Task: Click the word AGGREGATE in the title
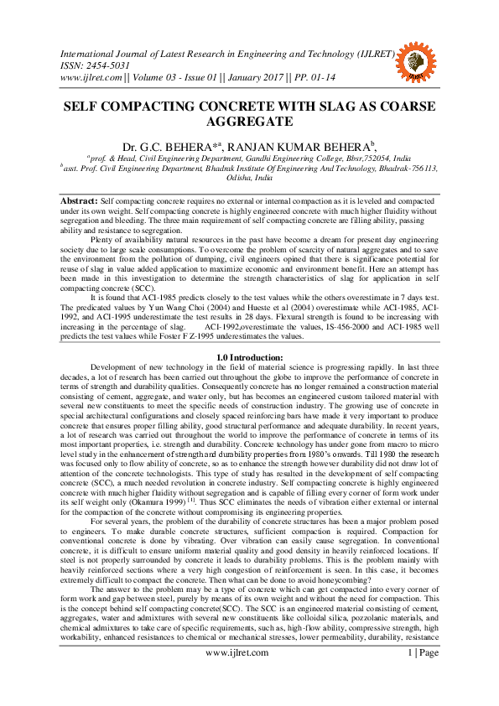point(249,122)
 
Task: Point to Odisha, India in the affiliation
point(249,178)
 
